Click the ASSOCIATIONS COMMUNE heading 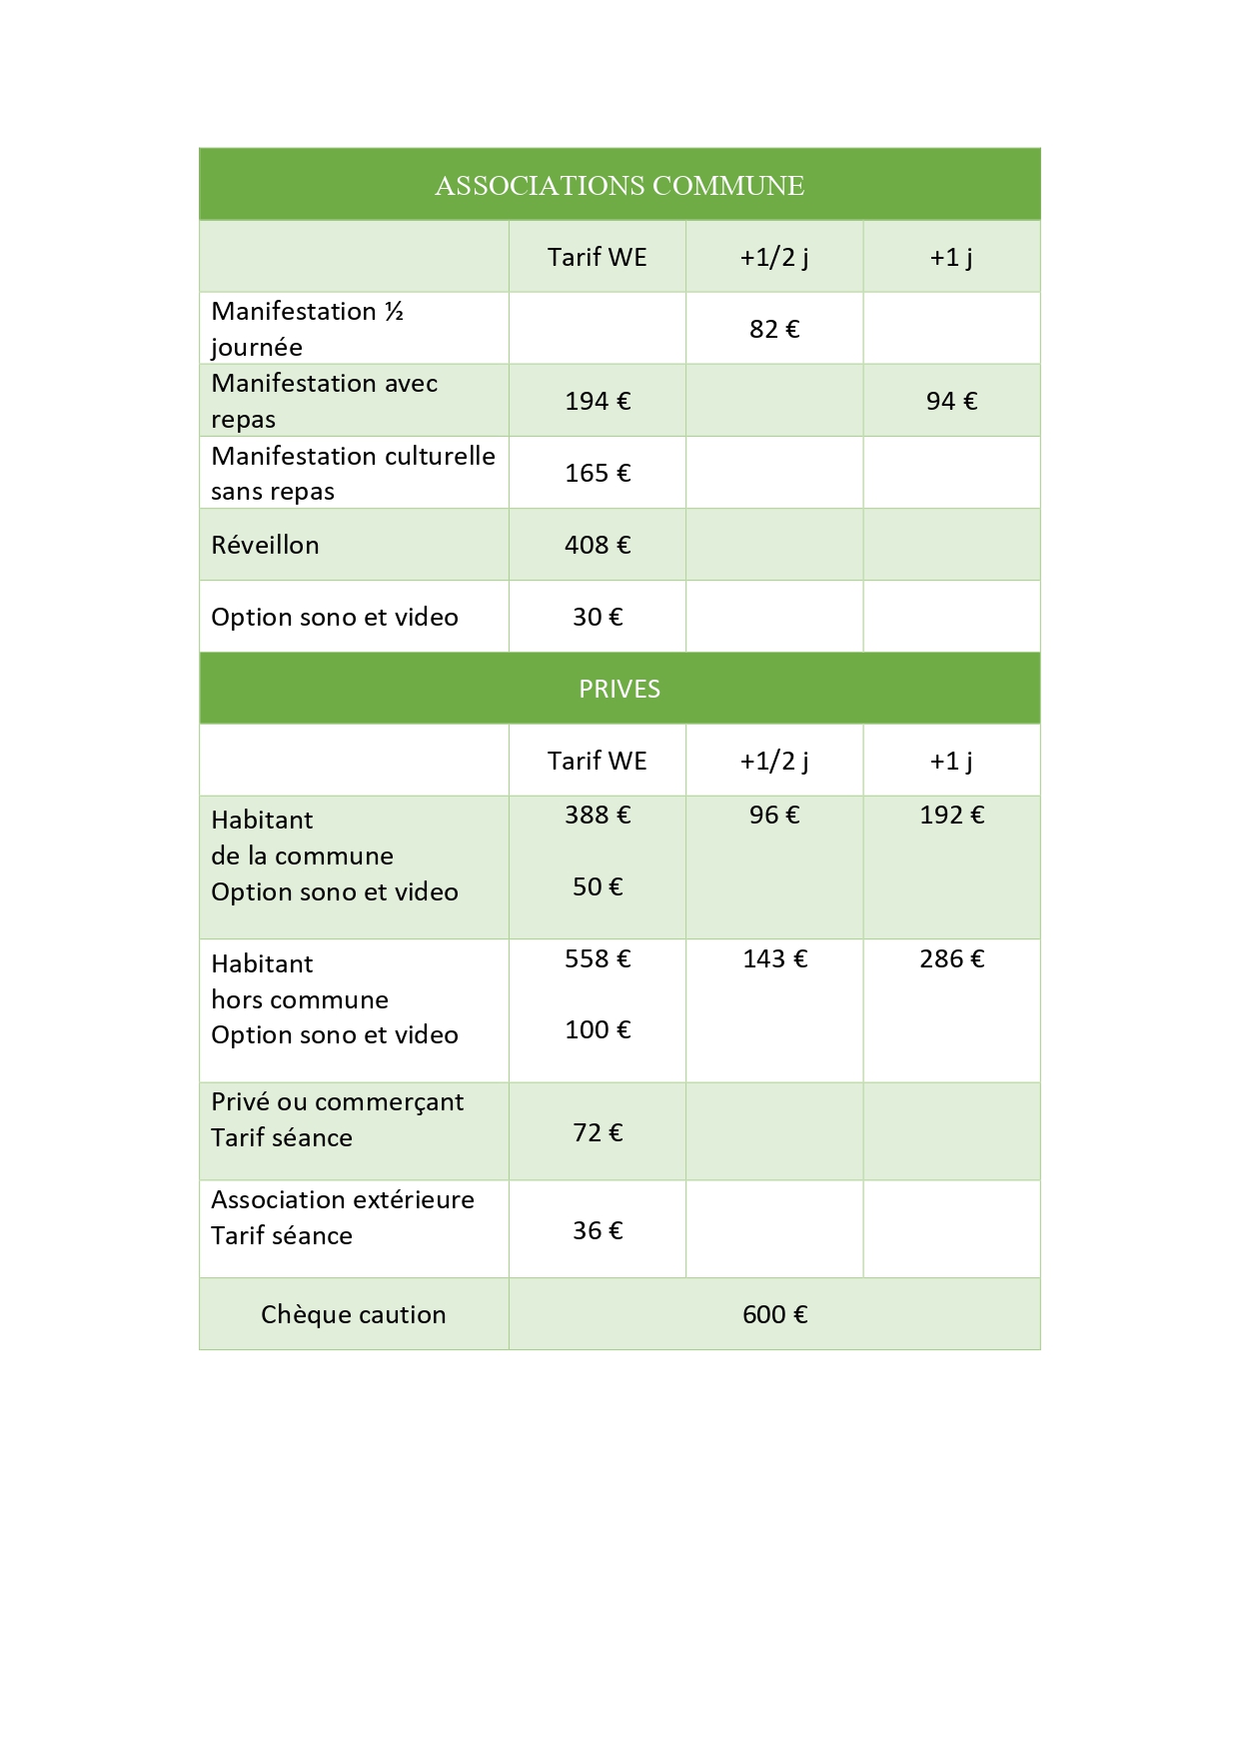[x=620, y=186]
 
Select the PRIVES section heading [x=620, y=689]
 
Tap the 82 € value [x=774, y=329]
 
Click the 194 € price [x=598, y=401]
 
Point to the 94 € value [x=951, y=401]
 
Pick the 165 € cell [x=598, y=473]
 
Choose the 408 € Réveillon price [x=598, y=545]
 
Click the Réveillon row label [x=266, y=545]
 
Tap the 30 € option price [x=598, y=617]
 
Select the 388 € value [x=598, y=815]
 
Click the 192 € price [x=951, y=815]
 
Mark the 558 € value [x=598, y=958]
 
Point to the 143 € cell [x=774, y=958]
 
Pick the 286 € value [x=951, y=958]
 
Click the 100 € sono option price [x=598, y=1029]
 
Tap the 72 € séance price [x=598, y=1132]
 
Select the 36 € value [x=598, y=1230]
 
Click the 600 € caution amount [x=774, y=1314]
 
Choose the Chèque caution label [x=354, y=1314]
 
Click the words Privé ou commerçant [x=338, y=1101]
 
